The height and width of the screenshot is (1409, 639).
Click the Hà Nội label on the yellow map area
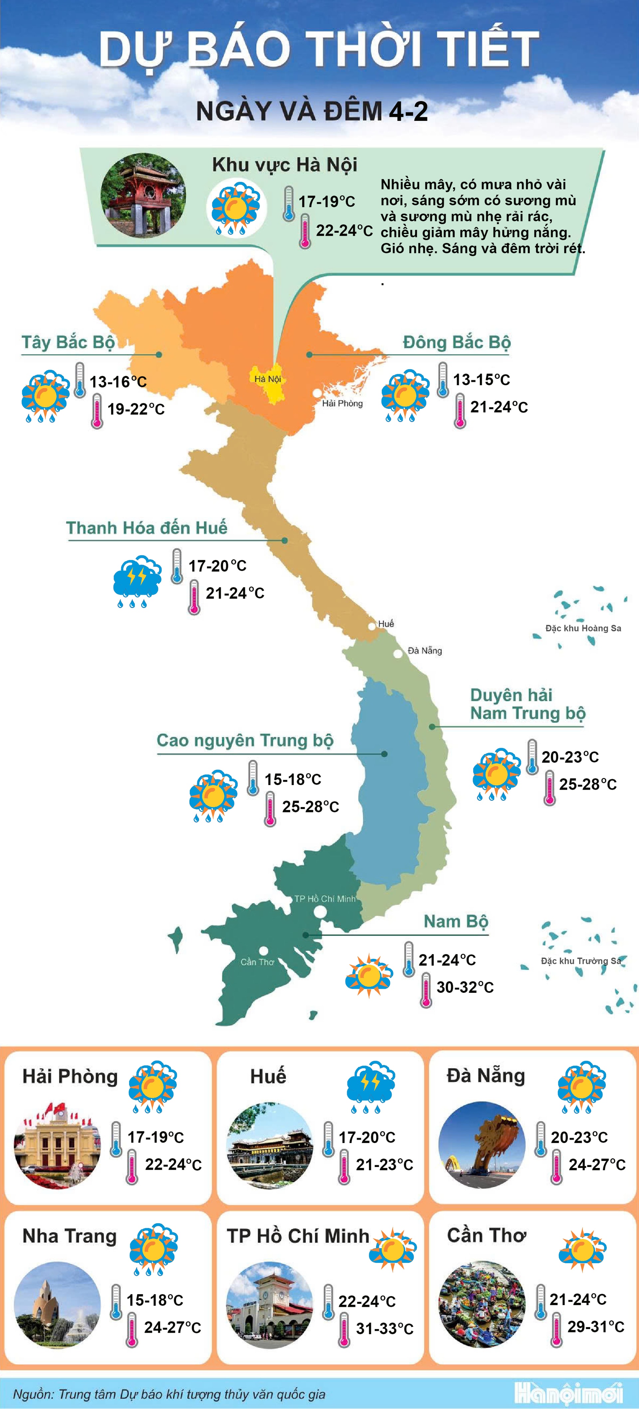(x=267, y=379)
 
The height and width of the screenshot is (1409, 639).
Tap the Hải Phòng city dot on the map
(x=317, y=393)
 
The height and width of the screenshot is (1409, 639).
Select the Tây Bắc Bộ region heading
(x=68, y=342)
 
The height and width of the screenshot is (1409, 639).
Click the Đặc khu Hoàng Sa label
(x=583, y=628)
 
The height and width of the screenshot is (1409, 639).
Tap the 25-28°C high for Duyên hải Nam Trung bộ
(x=588, y=784)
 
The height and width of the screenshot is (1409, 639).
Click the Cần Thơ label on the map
(x=257, y=962)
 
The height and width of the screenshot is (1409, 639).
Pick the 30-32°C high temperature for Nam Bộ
(x=465, y=987)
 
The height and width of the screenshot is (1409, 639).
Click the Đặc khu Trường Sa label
(x=580, y=961)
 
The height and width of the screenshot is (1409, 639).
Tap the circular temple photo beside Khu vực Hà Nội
(x=143, y=196)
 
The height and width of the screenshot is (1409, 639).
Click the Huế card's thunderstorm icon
(x=371, y=1086)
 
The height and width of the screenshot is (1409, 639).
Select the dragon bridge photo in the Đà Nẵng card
(x=482, y=1145)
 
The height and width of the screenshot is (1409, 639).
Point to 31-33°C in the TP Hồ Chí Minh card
(x=384, y=1328)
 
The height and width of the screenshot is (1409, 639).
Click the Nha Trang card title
(x=70, y=1236)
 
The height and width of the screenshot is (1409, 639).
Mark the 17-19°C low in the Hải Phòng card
(x=155, y=1137)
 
